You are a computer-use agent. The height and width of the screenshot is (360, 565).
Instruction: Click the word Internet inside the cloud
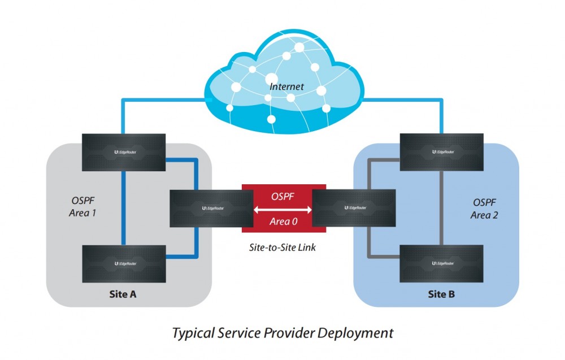click(x=286, y=87)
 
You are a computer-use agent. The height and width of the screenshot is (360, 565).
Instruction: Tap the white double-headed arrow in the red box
click(x=282, y=209)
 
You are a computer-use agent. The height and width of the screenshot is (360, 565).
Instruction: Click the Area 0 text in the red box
click(x=283, y=221)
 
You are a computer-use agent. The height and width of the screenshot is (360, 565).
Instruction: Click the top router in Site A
click(x=124, y=152)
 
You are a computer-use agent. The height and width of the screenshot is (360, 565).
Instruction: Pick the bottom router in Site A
click(x=124, y=263)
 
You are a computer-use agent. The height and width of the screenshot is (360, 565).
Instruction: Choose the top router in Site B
click(x=441, y=152)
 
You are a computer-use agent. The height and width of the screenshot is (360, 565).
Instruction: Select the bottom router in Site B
click(x=441, y=263)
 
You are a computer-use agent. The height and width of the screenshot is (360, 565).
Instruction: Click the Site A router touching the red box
click(x=211, y=208)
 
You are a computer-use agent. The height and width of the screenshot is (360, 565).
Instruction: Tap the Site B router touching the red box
click(x=353, y=208)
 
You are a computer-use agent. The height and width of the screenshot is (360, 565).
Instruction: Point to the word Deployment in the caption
click(x=355, y=332)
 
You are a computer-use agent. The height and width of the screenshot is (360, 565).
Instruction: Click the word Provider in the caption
click(x=290, y=332)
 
